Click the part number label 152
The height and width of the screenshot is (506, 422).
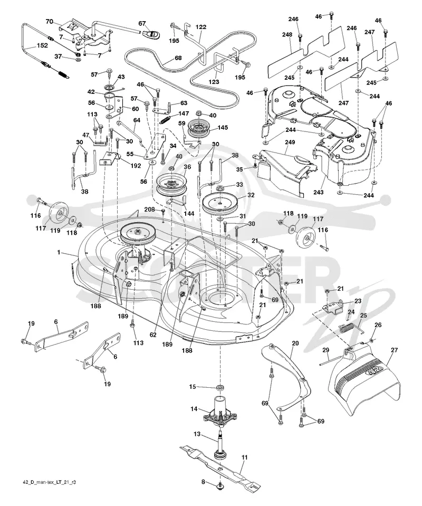42,45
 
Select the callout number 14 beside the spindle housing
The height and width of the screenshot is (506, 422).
194,409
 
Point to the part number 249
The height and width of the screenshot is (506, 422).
290,142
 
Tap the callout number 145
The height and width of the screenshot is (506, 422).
222,127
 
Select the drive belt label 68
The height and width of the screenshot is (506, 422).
178,58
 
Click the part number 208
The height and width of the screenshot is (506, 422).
150,209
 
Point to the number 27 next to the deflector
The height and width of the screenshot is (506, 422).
394,350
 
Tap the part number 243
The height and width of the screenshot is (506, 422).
319,193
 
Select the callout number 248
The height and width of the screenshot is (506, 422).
287,34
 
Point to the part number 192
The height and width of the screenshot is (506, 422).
136,166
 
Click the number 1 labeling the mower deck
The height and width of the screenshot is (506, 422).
59,252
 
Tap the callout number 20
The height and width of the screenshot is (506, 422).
295,343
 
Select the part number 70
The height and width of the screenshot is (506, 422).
49,22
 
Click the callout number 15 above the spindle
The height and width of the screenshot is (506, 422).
193,387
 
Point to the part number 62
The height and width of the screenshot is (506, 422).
152,335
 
